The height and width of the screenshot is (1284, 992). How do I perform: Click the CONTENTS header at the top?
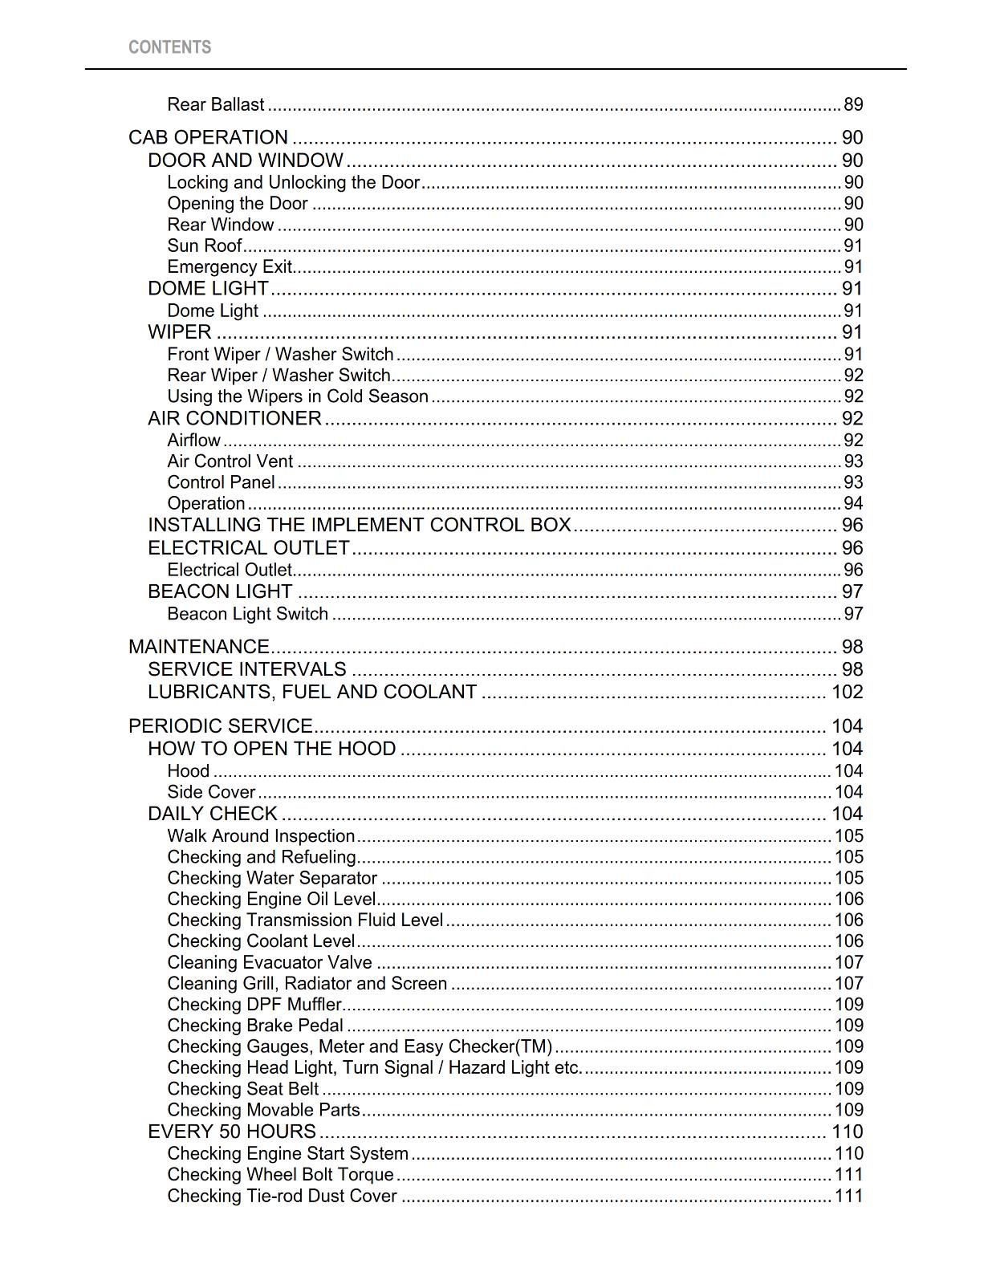pyautogui.click(x=169, y=47)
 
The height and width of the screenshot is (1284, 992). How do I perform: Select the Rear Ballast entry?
pyautogui.click(x=215, y=104)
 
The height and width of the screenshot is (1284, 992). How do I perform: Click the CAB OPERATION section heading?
pyautogui.click(x=208, y=137)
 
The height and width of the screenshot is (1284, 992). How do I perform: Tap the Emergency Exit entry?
pyautogui.click(x=230, y=266)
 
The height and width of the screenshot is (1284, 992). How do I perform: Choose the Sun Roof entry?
pyautogui.click(x=205, y=246)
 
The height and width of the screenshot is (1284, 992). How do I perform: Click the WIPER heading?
pyautogui.click(x=180, y=332)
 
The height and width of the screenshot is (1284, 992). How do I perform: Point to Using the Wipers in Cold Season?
pyautogui.click(x=298, y=396)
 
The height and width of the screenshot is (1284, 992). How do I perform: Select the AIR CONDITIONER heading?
pyautogui.click(x=234, y=418)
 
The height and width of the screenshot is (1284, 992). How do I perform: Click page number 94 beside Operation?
pyautogui.click(x=852, y=503)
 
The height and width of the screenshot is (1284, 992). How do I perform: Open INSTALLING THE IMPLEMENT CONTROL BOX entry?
pyautogui.click(x=359, y=525)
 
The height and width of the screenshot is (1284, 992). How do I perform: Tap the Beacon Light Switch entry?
pyautogui.click(x=247, y=614)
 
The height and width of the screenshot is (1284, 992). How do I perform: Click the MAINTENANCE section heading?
pyautogui.click(x=199, y=647)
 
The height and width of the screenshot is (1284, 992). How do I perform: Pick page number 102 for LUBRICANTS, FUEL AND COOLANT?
pyautogui.click(x=847, y=692)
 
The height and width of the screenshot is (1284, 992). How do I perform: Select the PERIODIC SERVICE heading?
pyautogui.click(x=221, y=726)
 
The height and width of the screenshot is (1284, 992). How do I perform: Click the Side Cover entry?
pyautogui.click(x=211, y=792)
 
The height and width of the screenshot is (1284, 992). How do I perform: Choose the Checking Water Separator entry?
pyautogui.click(x=272, y=878)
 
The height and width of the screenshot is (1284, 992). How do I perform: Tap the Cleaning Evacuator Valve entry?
pyautogui.click(x=270, y=962)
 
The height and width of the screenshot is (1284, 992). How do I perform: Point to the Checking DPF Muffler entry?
pyautogui.click(x=254, y=1005)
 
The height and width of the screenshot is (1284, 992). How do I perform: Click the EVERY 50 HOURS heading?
pyautogui.click(x=232, y=1132)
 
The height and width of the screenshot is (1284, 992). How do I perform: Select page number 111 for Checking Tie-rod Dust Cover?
pyautogui.click(x=848, y=1196)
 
